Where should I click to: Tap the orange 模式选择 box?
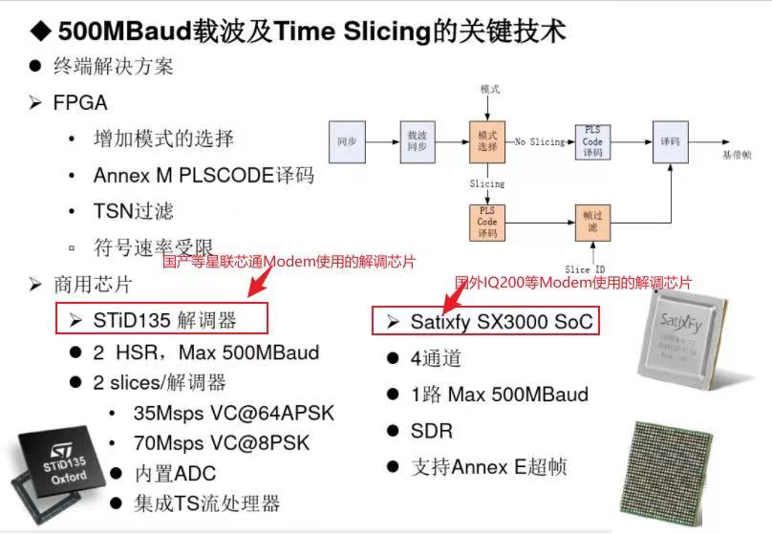[486, 141]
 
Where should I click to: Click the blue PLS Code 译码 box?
[592, 141]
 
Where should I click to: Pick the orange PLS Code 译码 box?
[486, 222]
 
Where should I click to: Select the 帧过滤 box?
[592, 222]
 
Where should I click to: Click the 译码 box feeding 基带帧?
[670, 141]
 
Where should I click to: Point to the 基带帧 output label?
[737, 153]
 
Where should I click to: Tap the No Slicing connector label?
[540, 142]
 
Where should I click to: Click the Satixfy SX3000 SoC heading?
[492, 321]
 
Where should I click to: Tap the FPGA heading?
[80, 103]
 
